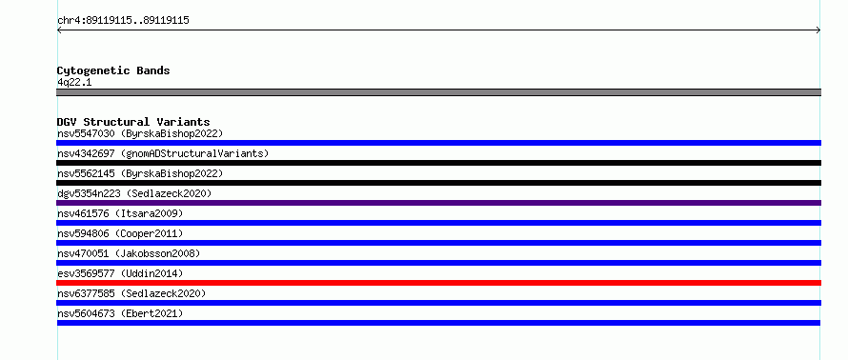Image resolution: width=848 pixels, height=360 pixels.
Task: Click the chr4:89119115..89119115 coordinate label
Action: point(123,21)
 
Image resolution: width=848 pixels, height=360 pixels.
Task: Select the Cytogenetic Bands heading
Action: point(113,70)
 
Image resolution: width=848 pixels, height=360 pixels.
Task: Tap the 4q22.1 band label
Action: point(74,83)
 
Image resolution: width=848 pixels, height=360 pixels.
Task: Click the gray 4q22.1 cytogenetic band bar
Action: point(438,92)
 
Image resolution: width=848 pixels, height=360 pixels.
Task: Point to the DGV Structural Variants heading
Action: point(133,122)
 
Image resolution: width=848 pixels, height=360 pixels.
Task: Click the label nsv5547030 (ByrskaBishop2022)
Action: point(140,133)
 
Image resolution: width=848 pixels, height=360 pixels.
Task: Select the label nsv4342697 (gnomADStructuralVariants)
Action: point(163,153)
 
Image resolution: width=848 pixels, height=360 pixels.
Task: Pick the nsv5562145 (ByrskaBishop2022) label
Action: point(140,173)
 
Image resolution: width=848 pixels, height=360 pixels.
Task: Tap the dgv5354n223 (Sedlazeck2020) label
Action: point(134,193)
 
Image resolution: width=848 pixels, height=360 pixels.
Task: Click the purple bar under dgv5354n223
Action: point(438,203)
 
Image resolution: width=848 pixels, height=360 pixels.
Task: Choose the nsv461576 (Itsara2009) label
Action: point(120,213)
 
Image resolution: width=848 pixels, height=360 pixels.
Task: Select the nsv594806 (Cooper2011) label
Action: point(120,233)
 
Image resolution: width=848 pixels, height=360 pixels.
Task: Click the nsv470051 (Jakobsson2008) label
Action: point(129,253)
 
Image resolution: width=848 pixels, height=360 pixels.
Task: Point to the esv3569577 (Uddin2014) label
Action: point(120,273)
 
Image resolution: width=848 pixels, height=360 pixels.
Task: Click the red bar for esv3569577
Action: point(438,283)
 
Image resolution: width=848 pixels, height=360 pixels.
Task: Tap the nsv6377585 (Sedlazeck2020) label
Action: point(131,293)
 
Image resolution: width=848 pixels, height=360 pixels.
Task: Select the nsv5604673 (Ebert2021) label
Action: point(120,313)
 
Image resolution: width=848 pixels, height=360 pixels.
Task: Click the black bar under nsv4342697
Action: point(438,163)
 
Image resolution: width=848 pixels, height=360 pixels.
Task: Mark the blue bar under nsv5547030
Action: point(438,143)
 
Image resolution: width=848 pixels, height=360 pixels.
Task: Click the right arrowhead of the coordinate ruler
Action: point(818,30)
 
